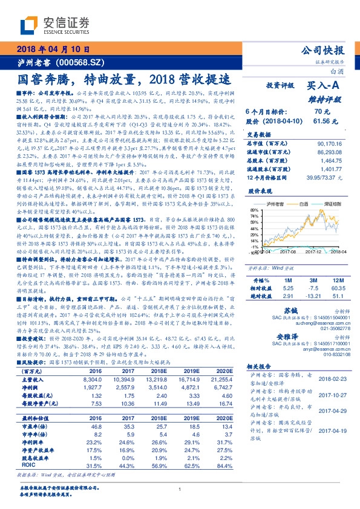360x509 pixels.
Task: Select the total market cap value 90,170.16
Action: [326, 143]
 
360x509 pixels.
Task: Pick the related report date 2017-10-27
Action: [332, 394]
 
